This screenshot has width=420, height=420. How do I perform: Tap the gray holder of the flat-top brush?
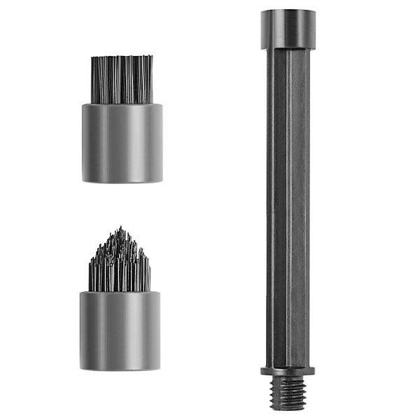122,143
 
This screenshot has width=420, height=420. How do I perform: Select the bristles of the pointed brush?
120,266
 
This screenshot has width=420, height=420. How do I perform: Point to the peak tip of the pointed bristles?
121,228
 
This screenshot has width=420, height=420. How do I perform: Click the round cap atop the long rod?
288,29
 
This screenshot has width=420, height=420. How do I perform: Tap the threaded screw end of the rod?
288,388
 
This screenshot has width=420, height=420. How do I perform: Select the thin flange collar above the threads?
288,371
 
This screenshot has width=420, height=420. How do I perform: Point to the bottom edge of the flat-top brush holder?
122,182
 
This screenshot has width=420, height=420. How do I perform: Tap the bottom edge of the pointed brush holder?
120,369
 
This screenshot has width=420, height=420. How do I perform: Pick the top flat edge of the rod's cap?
288,10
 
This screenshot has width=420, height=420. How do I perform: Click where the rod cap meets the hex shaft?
288,49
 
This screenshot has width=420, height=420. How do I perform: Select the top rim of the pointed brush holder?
120,293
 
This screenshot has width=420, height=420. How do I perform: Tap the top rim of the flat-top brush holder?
122,106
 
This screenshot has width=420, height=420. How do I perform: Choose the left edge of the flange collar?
262,371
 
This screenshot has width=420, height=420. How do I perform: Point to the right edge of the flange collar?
314,371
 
